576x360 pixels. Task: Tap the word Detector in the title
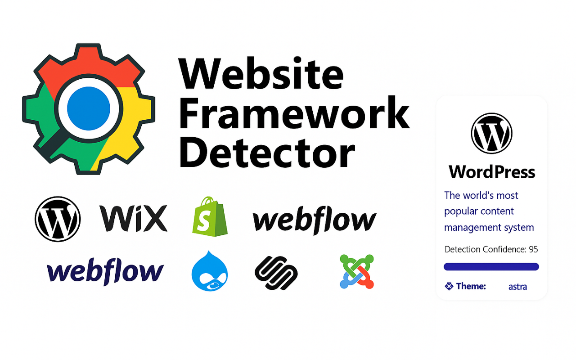coord(266,153)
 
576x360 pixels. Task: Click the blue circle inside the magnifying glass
coord(89,107)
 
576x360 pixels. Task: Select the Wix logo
coord(133,218)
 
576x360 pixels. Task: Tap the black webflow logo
coord(315,220)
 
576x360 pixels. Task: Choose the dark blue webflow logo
coord(105,271)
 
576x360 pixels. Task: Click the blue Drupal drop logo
coord(209,271)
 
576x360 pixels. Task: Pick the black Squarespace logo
coord(276,273)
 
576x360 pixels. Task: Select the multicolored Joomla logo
coord(357,271)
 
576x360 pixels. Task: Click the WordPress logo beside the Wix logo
coord(58,219)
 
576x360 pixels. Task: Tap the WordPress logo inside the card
coord(491,134)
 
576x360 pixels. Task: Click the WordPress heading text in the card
coord(492,172)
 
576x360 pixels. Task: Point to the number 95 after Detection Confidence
coord(533,249)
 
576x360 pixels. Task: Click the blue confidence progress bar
coord(491,267)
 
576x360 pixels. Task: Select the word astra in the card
coord(517,287)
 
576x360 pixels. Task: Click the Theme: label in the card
coord(470,286)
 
